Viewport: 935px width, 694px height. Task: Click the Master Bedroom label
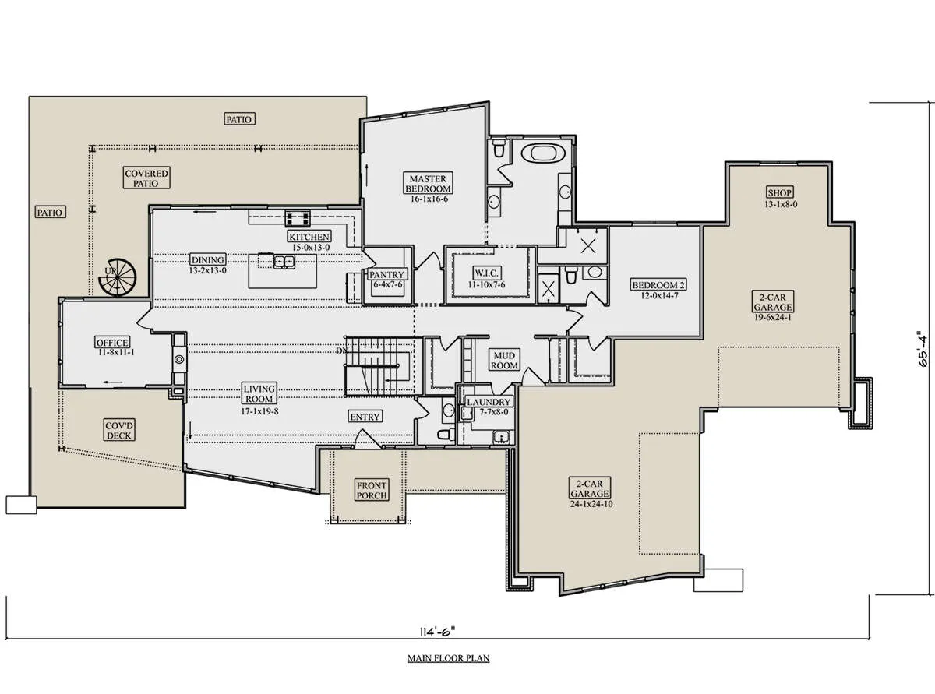(x=429, y=183)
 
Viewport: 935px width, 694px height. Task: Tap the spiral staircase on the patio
(x=118, y=277)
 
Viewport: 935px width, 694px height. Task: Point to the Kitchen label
(x=309, y=236)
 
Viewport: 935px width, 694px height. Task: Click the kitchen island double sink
(x=284, y=262)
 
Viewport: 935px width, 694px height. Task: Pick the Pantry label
(x=386, y=275)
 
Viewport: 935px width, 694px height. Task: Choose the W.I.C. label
(x=486, y=273)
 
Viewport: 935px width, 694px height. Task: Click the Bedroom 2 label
(x=659, y=285)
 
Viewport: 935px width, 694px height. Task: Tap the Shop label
(x=779, y=192)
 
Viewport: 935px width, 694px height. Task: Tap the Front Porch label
(x=372, y=491)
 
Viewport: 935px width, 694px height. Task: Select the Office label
(x=112, y=343)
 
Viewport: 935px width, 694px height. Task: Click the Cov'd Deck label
(x=119, y=430)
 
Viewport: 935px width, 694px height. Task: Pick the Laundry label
(x=489, y=402)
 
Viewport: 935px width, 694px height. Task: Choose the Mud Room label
(x=504, y=361)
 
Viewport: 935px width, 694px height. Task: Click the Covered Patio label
(x=146, y=178)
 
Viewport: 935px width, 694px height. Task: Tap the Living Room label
(x=259, y=393)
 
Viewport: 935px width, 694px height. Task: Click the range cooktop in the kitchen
(x=298, y=219)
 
